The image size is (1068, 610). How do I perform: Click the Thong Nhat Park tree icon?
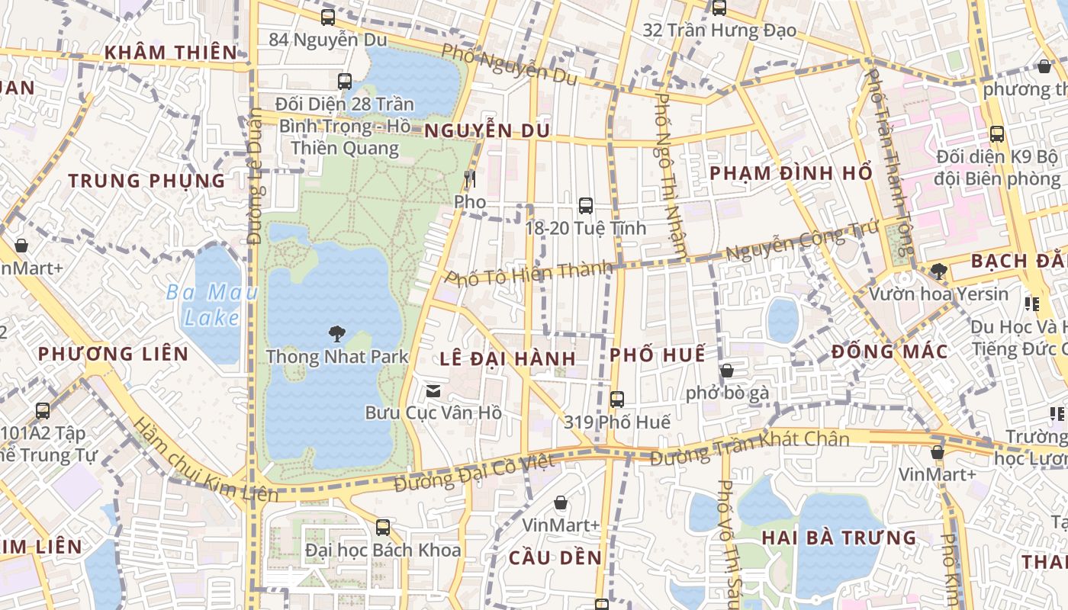coord(336,333)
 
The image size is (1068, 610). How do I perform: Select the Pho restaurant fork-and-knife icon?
coord(469,179)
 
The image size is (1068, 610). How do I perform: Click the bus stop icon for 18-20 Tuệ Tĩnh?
coord(585,205)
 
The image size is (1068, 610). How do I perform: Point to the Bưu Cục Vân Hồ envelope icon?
coord(433,391)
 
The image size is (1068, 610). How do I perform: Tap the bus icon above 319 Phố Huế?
coord(616,399)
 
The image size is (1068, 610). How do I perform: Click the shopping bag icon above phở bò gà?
coord(727,371)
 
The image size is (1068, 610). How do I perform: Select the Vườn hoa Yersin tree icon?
coord(938,271)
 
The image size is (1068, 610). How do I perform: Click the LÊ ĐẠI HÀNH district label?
coord(507,358)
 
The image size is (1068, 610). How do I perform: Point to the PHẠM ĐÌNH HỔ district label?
coord(790,173)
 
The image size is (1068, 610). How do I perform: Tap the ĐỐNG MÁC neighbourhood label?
coord(889,352)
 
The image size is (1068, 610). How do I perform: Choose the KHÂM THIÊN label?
coord(171,53)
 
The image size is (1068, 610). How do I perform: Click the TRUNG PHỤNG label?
coord(146,181)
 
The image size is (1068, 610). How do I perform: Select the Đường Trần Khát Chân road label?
coord(749,448)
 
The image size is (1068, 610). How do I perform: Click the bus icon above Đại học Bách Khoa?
coord(383,527)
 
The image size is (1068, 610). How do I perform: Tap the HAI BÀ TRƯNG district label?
coord(838,538)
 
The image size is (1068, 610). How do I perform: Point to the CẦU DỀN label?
coord(555,557)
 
